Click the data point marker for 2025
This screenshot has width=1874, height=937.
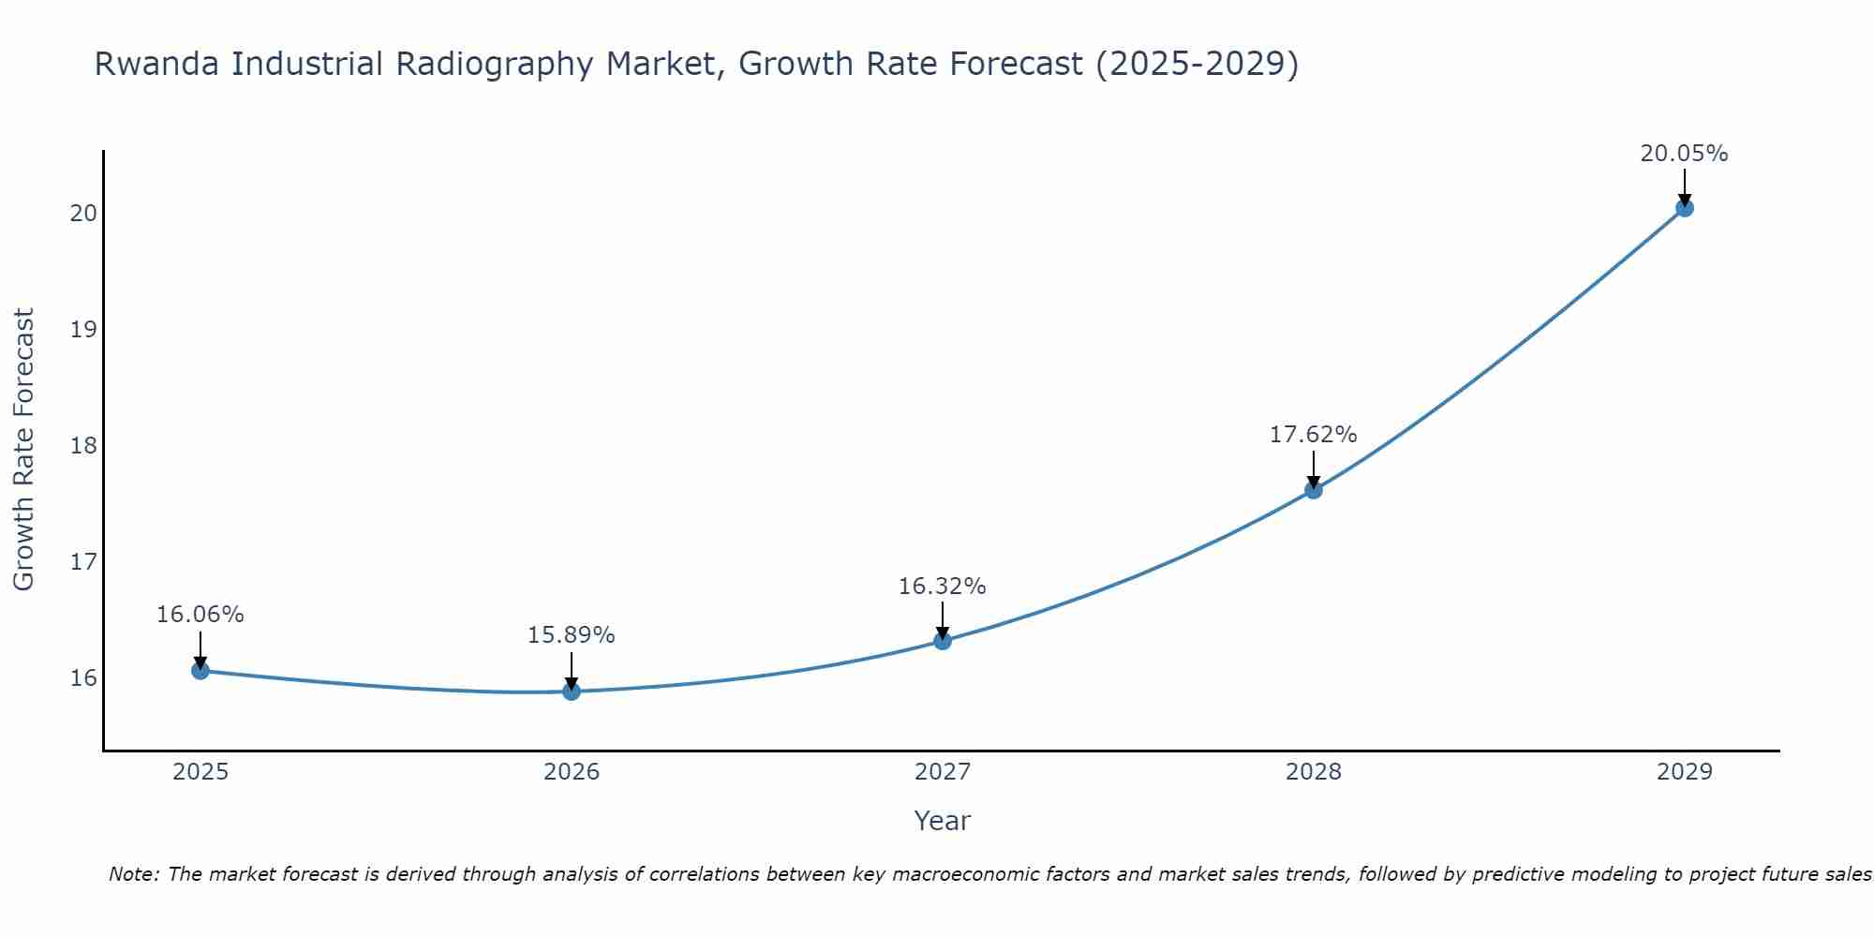tap(200, 671)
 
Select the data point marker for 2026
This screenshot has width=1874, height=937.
tap(572, 692)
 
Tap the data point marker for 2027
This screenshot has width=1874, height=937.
tap(943, 641)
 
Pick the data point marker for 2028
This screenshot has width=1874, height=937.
tap(1314, 489)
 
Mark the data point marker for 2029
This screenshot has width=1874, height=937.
tap(1685, 208)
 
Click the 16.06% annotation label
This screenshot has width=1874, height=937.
tap(200, 615)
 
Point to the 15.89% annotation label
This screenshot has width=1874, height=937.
tap(571, 635)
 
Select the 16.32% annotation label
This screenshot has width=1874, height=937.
tap(942, 587)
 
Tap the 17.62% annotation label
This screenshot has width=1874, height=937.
tap(1313, 435)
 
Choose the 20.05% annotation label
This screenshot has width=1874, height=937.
tap(1684, 154)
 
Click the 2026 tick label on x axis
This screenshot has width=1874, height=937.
tap(572, 772)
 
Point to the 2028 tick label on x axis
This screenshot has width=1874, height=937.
tap(1314, 772)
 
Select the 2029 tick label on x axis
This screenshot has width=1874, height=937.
tap(1685, 772)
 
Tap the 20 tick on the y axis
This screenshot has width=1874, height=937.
tap(83, 214)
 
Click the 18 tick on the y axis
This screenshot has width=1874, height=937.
tap(83, 445)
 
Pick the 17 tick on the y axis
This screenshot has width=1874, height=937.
tap(83, 562)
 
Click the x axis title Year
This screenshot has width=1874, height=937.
tap(942, 821)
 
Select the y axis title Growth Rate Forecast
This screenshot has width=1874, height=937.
tap(23, 450)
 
